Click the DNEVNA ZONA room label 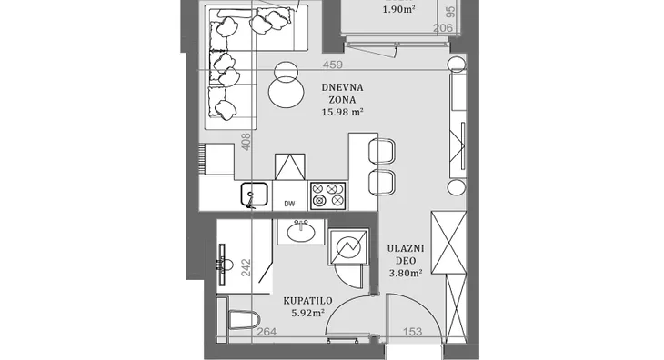342,94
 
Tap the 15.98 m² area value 343,112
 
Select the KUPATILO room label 307,301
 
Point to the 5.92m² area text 307,313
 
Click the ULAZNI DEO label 406,255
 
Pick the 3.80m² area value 406,274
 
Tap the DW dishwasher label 289,204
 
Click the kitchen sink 255,195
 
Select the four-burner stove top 327,195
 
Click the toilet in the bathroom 243,319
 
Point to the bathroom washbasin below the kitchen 301,231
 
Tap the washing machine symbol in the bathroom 348,246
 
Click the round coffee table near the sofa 287,93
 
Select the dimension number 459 332,65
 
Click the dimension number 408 246,142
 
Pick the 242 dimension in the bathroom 246,268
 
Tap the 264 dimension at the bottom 267,332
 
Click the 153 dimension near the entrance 412,332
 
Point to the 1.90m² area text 399,9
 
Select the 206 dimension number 443,28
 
